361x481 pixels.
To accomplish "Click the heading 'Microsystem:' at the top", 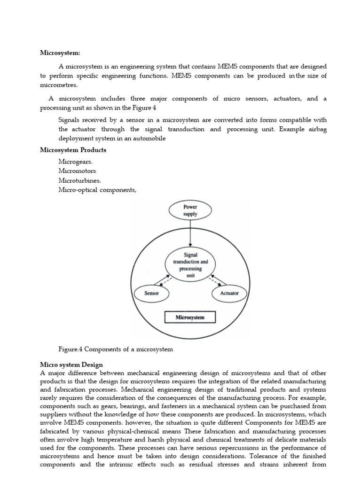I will [x=60, y=53].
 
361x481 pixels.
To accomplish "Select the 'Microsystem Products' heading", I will [x=73, y=150].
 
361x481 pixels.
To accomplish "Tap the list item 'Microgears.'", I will [x=76, y=161].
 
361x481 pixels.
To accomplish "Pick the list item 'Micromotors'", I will [x=78, y=171].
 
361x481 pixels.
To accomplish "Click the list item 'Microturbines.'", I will [x=79, y=180].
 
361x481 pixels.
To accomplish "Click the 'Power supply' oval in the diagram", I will [x=190, y=210].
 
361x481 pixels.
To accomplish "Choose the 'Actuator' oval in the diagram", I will [x=229, y=293].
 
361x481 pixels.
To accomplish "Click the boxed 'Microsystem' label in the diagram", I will [x=190, y=318].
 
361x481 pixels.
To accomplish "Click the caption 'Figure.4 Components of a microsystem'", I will [x=116, y=349].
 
